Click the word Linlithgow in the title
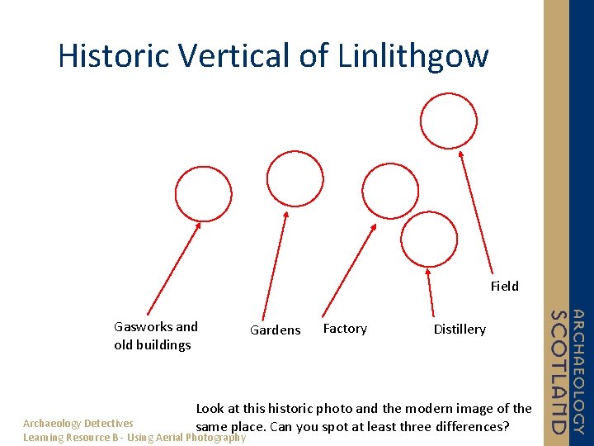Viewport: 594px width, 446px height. coord(413,56)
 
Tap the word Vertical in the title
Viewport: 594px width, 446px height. coord(241,56)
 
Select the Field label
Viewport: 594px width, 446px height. coord(504,286)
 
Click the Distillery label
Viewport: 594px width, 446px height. coord(460,329)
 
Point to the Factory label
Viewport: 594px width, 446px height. coord(345,328)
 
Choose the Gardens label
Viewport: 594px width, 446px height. coord(275,330)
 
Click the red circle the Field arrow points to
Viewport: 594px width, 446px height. coord(448,121)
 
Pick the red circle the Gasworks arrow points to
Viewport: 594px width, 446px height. coord(204,195)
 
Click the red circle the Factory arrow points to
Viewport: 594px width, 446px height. coord(390,192)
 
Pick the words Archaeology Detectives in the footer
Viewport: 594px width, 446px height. coord(78,423)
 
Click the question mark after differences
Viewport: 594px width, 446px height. coord(506,427)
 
